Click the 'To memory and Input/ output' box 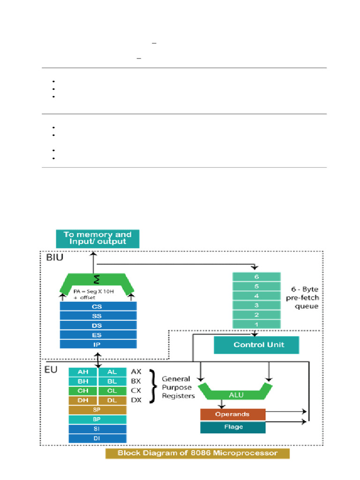[x=97, y=238]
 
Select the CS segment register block [x=98, y=306]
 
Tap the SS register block [x=98, y=316]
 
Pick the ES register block [x=98, y=335]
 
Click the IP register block [x=98, y=345]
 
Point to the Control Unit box [x=256, y=345]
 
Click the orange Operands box [x=232, y=414]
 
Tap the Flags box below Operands [x=232, y=427]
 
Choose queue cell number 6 [x=256, y=277]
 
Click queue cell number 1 [x=256, y=324]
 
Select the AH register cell [x=82, y=372]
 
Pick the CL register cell [x=112, y=390]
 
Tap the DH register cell [x=82, y=400]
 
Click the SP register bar [x=97, y=410]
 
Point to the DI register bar [x=97, y=438]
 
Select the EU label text [x=51, y=370]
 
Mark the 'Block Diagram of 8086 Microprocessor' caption [x=197, y=453]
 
